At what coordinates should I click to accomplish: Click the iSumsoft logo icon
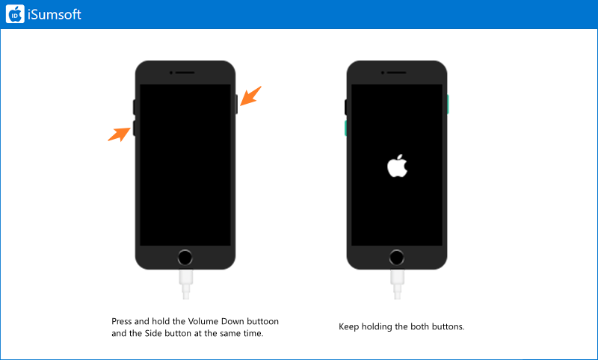pyautogui.click(x=15, y=14)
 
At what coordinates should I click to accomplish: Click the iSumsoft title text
pyautogui.click(x=55, y=14)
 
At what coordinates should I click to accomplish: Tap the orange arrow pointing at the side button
pyautogui.click(x=250, y=96)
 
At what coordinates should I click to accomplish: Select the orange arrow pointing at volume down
pyautogui.click(x=119, y=134)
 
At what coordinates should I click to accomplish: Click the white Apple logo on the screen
pyautogui.click(x=397, y=166)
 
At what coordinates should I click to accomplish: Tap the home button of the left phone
pyautogui.click(x=185, y=258)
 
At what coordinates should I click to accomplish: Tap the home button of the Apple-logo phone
pyautogui.click(x=397, y=258)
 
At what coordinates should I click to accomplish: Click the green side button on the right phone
pyautogui.click(x=448, y=105)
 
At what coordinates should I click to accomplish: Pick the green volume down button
pyautogui.click(x=345, y=128)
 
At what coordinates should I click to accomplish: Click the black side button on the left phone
pyautogui.click(x=236, y=105)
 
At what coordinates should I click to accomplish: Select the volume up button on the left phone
pyautogui.click(x=134, y=107)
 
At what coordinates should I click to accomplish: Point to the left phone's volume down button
pyautogui.click(x=134, y=128)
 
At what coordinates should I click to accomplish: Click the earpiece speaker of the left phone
pyautogui.click(x=185, y=72)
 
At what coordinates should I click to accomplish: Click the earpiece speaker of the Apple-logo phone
pyautogui.click(x=397, y=72)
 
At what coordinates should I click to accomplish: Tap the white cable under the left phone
pyautogui.click(x=185, y=284)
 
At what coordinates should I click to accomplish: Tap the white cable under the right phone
pyautogui.click(x=397, y=284)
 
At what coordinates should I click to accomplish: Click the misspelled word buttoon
pyautogui.click(x=263, y=321)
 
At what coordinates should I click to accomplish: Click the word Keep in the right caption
pyautogui.click(x=348, y=327)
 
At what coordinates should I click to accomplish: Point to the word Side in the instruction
pyautogui.click(x=152, y=333)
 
